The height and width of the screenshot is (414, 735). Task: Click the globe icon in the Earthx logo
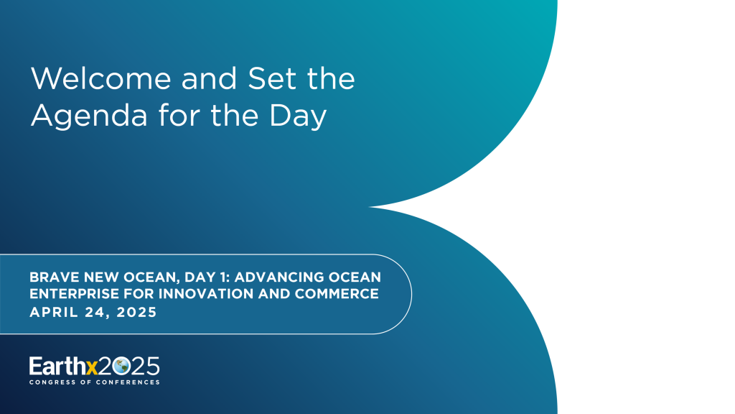click(x=121, y=366)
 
